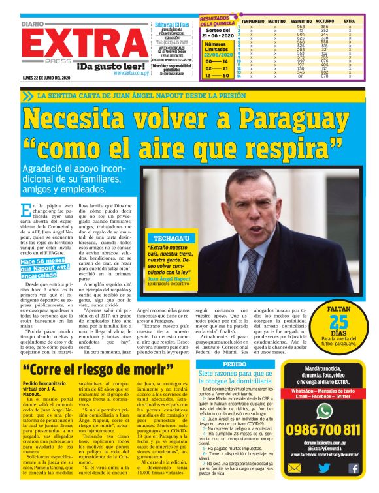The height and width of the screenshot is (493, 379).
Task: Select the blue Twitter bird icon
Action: [325, 468]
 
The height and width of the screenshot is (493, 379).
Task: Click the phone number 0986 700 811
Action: [323, 429]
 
